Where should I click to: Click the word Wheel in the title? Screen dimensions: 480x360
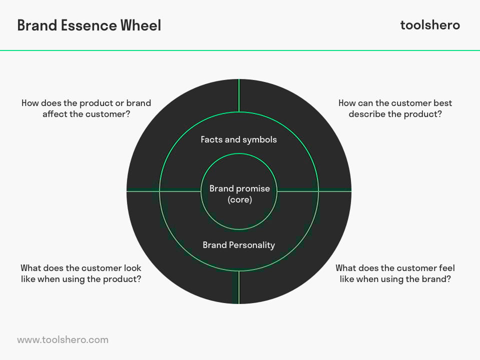click(140, 25)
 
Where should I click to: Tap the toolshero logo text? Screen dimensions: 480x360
click(430, 25)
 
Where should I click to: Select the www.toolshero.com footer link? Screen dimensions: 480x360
click(63, 340)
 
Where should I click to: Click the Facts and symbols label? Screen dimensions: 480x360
click(239, 139)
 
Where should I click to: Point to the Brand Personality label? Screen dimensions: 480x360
click(239, 245)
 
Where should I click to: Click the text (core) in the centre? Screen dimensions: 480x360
click(239, 199)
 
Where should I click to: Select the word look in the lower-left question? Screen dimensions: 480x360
click(132, 268)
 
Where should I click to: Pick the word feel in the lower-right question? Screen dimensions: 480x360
click(446, 268)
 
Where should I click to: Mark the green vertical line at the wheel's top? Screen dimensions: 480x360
click(239, 95)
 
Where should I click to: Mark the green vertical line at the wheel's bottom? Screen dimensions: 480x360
click(239, 287)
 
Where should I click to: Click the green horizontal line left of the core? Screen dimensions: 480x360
click(164, 191)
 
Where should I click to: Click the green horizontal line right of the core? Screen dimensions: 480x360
click(314, 191)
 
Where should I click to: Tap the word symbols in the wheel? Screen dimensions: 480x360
click(259, 140)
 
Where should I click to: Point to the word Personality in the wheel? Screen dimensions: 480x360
click(252, 245)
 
